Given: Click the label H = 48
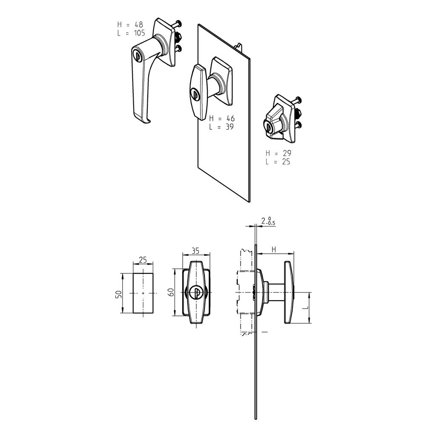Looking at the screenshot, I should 131,24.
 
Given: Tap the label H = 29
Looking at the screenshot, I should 278,153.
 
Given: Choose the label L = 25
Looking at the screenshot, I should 278,162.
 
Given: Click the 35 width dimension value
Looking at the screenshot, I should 195,251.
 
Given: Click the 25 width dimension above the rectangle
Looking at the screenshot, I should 143,259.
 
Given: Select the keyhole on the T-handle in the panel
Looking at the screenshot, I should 195,93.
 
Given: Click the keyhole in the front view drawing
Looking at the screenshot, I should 196,292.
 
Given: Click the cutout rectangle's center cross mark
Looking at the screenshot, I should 143,293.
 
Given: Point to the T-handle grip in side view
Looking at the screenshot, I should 288,293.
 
